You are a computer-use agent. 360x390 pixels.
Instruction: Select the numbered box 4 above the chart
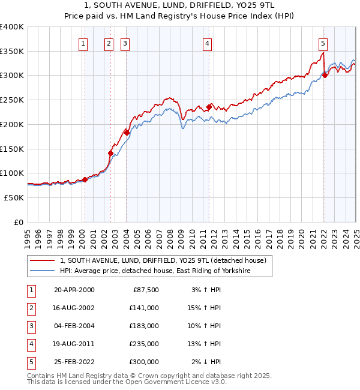pos(206,43)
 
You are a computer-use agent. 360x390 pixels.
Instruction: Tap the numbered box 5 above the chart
pos(323,43)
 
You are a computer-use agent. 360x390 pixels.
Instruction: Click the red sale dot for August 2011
pos(209,107)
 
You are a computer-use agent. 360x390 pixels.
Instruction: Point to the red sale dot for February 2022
pos(325,75)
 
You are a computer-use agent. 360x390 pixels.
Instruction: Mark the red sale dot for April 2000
pos(85,179)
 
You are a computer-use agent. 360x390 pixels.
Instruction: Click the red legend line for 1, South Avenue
pos(43,260)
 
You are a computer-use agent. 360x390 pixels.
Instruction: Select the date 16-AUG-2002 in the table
pos(74,308)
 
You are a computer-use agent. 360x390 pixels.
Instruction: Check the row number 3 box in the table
pos(29,326)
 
